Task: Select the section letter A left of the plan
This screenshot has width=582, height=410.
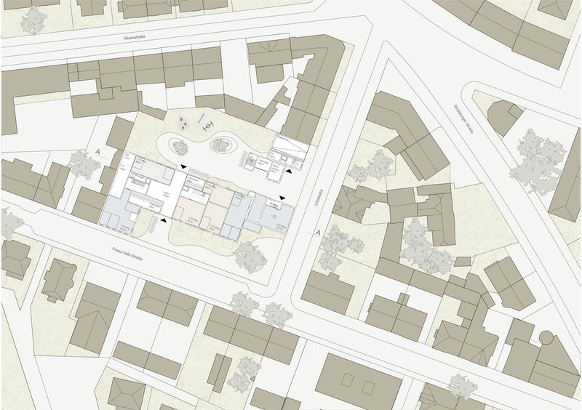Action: (x=97, y=153)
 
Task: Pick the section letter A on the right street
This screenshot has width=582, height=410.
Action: (x=319, y=233)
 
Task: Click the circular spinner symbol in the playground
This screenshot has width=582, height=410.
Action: (x=208, y=125)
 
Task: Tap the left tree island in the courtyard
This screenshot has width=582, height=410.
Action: (x=179, y=145)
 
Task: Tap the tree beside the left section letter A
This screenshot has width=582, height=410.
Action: (x=85, y=166)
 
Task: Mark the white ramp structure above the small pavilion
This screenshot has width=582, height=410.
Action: (x=287, y=150)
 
